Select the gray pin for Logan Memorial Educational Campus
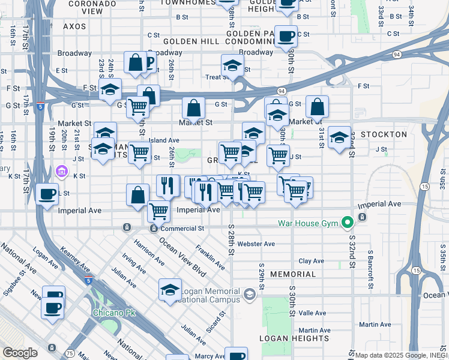pos(250,294)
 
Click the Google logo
pos(20,353)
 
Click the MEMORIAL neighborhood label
pos(293,274)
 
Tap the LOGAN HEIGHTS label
pos(287,338)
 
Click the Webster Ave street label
pos(256,244)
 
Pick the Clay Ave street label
pos(312,261)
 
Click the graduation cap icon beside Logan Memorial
pos(170,289)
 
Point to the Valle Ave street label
pos(312,313)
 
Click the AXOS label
pos(74,27)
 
